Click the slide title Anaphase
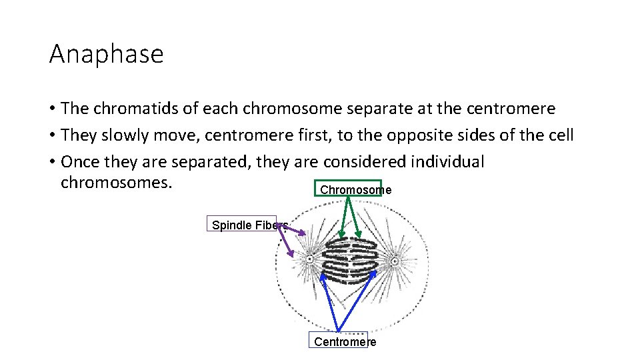tap(106, 54)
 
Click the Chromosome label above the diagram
tap(355, 190)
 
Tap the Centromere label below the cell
tap(345, 342)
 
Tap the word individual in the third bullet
tap(448, 162)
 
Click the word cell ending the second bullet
tap(559, 136)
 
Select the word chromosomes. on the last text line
tap(117, 182)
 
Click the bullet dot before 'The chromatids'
tap(51, 109)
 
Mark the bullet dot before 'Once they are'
tap(51, 163)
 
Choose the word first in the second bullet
tap(312, 136)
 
